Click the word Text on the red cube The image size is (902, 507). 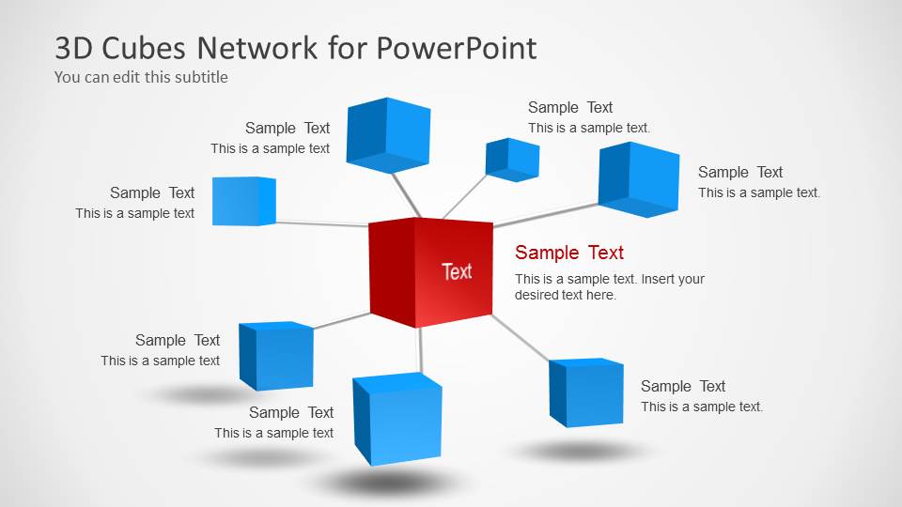click(457, 271)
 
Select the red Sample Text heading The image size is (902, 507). click(568, 253)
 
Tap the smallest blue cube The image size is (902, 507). click(512, 159)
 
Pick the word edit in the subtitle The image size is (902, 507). click(129, 77)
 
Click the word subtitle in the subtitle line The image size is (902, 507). click(198, 77)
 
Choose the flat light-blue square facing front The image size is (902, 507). click(243, 201)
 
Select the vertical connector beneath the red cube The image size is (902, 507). click(421, 349)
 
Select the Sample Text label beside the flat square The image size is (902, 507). click(151, 192)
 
